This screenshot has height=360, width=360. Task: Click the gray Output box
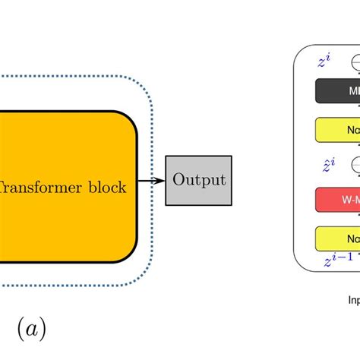click(200, 180)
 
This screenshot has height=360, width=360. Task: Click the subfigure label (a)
click(30, 329)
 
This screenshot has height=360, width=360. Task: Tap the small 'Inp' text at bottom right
click(353, 299)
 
